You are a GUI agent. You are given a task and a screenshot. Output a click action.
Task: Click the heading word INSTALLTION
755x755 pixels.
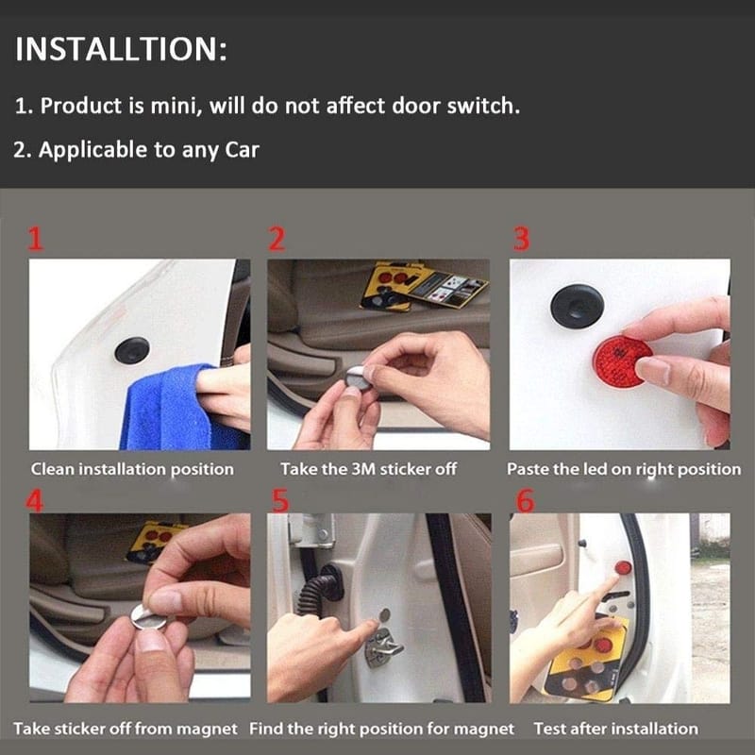click(117, 49)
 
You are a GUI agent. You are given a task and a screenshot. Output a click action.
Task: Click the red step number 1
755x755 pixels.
click(36, 240)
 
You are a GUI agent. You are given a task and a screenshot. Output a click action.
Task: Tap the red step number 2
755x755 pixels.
click(277, 240)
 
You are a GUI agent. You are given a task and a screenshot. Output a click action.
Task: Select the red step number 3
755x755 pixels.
click(522, 240)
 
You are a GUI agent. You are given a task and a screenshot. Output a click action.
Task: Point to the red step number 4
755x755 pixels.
click(34, 501)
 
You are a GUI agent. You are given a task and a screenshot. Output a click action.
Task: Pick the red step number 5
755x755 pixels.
click(280, 501)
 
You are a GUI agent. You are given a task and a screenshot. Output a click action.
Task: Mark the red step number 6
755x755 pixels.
click(526, 501)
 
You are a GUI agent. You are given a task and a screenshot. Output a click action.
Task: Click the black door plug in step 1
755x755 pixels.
click(132, 350)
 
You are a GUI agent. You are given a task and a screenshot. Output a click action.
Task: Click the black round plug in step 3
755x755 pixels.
click(577, 306)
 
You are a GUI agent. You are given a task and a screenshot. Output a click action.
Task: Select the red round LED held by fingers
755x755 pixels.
click(619, 361)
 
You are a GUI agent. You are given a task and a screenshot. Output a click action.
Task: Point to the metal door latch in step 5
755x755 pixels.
click(383, 646)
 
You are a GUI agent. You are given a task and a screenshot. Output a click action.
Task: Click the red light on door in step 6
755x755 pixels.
click(623, 568)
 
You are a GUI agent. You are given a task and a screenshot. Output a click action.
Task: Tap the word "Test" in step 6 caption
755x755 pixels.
click(549, 729)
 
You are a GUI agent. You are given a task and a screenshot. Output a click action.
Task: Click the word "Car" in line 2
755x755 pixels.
click(243, 150)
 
